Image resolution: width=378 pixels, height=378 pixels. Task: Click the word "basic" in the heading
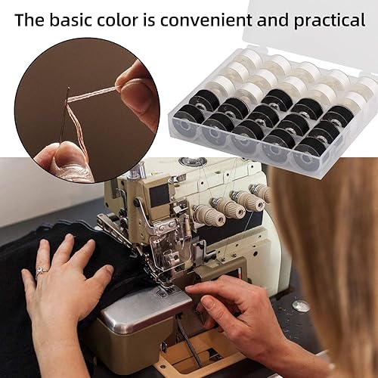(x=71, y=20)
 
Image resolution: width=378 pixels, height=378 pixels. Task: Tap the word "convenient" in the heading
(x=206, y=20)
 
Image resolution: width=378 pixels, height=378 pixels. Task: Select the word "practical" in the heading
(x=330, y=20)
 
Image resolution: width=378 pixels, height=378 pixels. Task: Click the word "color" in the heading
(x=118, y=20)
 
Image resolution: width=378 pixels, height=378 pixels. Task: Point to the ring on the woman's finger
(x=41, y=271)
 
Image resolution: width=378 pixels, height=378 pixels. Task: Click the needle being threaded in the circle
(x=65, y=114)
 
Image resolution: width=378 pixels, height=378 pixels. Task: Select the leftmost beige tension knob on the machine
(x=209, y=215)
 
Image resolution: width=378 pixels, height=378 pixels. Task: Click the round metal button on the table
(x=301, y=305)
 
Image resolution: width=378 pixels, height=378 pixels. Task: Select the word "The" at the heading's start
(x=29, y=20)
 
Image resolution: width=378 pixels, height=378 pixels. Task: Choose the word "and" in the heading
(x=272, y=20)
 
